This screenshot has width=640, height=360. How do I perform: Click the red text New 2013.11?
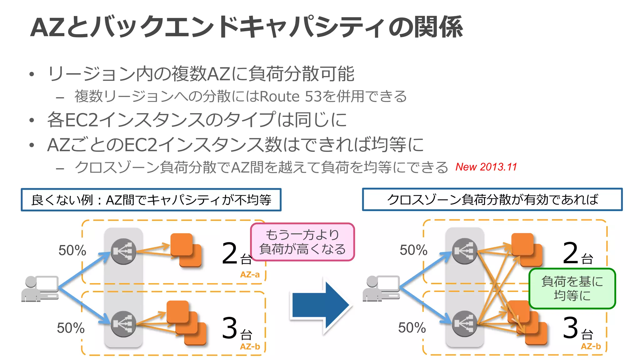[486, 167]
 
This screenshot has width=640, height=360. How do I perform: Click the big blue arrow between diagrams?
[320, 305]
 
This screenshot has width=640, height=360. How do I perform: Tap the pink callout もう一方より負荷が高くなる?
[302, 242]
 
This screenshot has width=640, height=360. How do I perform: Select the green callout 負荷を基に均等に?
[572, 288]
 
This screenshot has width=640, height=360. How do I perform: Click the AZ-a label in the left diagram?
[250, 275]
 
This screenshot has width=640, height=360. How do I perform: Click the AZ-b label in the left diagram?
[250, 347]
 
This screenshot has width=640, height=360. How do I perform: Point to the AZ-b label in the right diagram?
[591, 346]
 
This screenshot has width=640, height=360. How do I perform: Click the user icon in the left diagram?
[40, 289]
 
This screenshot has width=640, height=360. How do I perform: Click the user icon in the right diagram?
[381, 289]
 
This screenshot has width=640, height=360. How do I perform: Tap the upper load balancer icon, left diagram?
[123, 252]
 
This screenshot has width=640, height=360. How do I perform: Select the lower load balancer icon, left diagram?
[123, 324]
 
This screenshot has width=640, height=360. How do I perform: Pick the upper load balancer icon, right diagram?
[465, 251]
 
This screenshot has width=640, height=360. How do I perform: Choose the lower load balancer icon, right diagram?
[465, 324]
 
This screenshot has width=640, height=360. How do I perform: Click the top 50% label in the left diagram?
[72, 250]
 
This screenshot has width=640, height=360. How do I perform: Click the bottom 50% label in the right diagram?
[412, 328]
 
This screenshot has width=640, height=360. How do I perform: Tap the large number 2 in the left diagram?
[230, 253]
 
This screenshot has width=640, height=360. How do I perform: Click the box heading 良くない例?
[151, 200]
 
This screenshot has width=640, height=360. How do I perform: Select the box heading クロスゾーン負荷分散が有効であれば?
[492, 200]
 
